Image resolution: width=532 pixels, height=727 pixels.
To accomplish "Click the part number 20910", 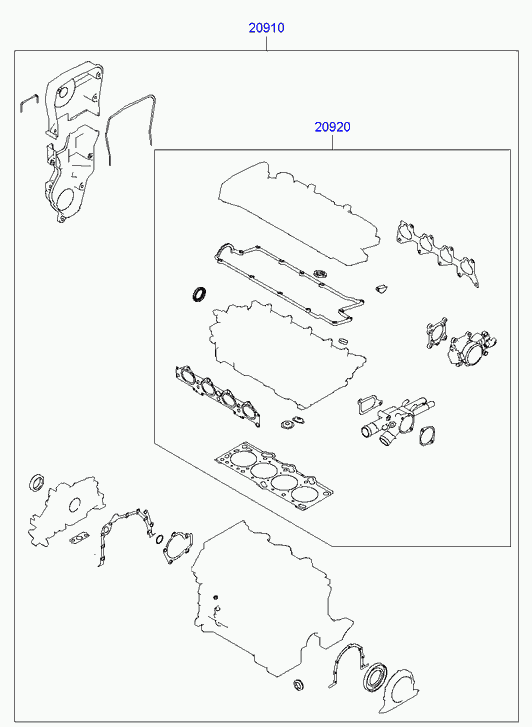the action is tap(266, 28).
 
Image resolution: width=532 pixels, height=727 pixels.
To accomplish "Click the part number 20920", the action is tap(333, 127).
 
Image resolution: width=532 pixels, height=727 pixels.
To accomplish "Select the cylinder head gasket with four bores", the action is tap(274, 478).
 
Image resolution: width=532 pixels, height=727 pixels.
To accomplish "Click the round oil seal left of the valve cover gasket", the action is tap(200, 294).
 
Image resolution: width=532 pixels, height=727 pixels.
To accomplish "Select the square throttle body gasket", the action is tap(437, 332).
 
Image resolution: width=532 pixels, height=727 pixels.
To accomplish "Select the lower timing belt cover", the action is tap(70, 179).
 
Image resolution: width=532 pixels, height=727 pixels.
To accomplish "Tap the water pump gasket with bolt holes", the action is tap(178, 548).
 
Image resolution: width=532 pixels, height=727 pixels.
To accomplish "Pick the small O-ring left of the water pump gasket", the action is tap(160, 539).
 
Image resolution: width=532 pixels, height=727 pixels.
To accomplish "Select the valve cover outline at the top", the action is tap(299, 213).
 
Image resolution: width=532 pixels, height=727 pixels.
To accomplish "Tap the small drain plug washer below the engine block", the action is tap(297, 685).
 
